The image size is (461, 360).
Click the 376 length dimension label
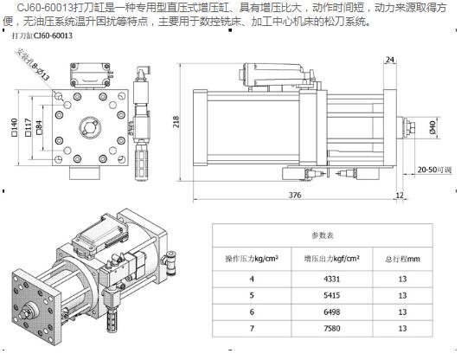[x=295, y=195]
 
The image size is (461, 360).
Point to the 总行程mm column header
[x=402, y=258]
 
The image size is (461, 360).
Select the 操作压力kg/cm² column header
[x=252, y=258]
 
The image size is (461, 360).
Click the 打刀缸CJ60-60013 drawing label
[x=41, y=38]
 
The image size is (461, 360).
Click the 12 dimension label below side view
[x=400, y=196]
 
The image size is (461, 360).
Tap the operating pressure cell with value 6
[x=252, y=312]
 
